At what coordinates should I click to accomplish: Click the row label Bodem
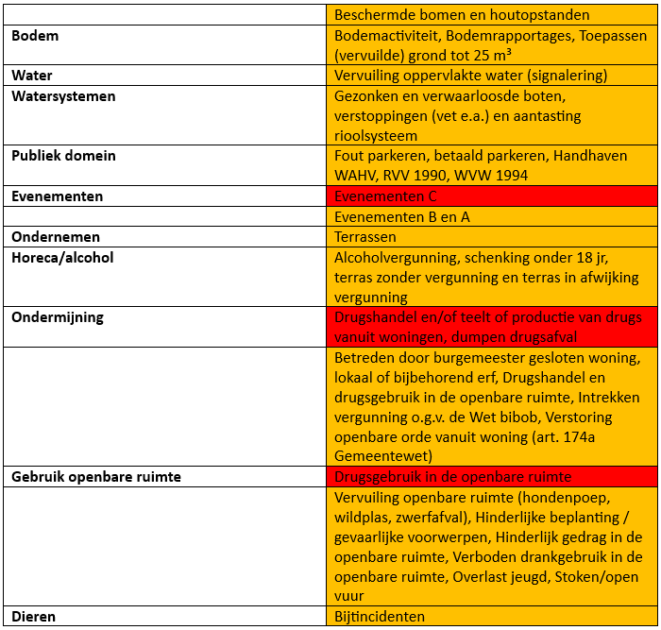coord(35,36)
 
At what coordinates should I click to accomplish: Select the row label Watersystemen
coord(62,96)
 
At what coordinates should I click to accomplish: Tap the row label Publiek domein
coord(63,156)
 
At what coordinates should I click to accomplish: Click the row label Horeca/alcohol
coord(62,257)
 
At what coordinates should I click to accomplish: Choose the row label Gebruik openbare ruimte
coord(96,477)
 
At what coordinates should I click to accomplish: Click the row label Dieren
coord(33,617)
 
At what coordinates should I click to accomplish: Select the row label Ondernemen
coord(55,237)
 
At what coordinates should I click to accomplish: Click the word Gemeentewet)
coord(382,457)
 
